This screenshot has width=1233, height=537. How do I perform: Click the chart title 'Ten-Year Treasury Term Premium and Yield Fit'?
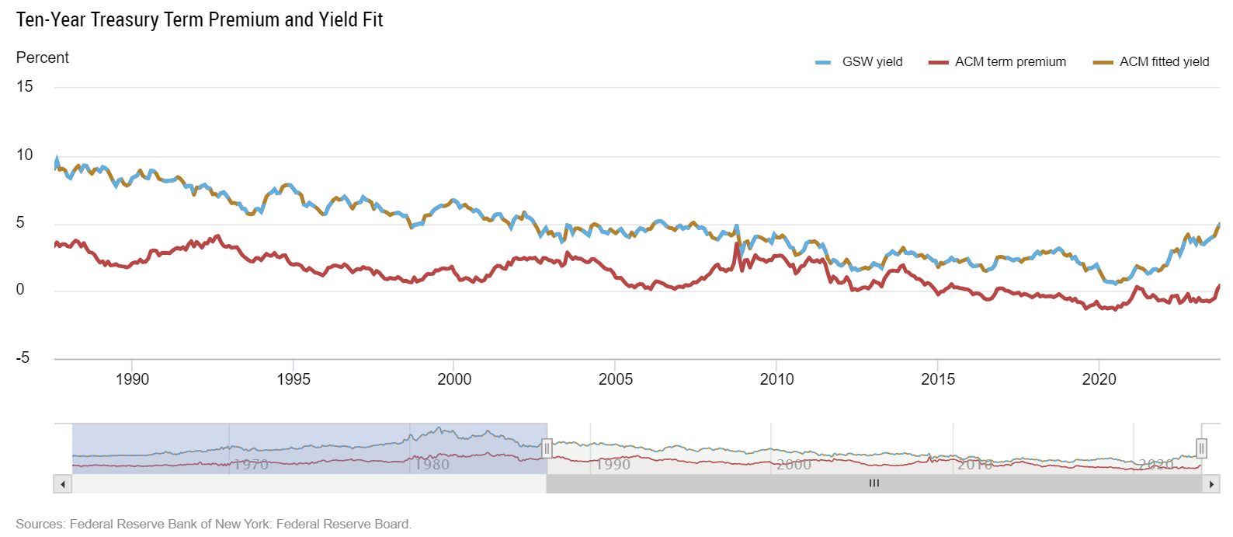(200, 20)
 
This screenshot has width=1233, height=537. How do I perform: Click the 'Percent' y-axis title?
(43, 58)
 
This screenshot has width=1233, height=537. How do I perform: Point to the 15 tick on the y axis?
(25, 87)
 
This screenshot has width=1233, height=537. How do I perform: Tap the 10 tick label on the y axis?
(25, 155)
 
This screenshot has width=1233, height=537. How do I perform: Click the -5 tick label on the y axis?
(23, 358)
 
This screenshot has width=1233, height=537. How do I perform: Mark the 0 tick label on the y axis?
(20, 290)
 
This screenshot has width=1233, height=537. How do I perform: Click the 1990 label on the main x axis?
(132, 380)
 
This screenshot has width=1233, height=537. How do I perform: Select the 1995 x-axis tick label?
(293, 380)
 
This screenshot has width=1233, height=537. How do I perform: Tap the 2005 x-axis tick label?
(616, 380)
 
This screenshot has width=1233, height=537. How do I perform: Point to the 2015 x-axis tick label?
(938, 380)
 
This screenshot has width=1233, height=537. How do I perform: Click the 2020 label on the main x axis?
(1099, 380)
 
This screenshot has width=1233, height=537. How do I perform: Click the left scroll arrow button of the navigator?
(62, 484)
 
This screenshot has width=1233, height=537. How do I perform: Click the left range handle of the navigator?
(547, 448)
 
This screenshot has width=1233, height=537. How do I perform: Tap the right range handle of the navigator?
(1201, 448)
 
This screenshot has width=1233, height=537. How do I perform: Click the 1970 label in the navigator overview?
(252, 465)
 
